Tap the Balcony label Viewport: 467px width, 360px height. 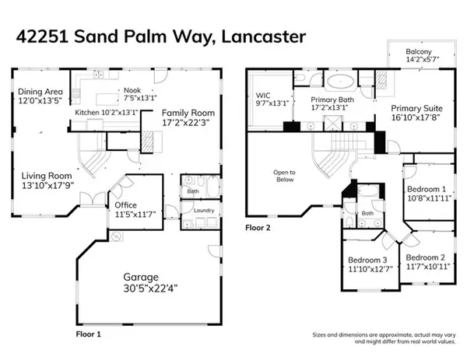point(417,52)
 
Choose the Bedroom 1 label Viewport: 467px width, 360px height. point(427,189)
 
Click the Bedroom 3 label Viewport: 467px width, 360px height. point(367,260)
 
